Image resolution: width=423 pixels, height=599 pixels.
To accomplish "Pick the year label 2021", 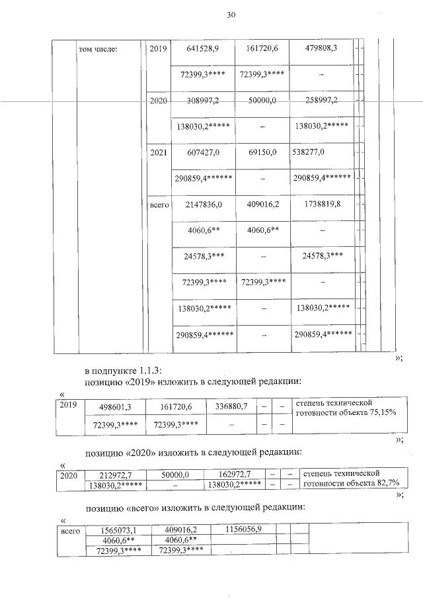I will [159, 152].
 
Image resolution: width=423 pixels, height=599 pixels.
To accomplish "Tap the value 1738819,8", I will [322, 205].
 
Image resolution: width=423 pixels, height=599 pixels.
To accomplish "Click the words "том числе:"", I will [98, 49].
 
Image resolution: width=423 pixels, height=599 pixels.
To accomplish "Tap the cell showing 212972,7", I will [116, 475].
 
